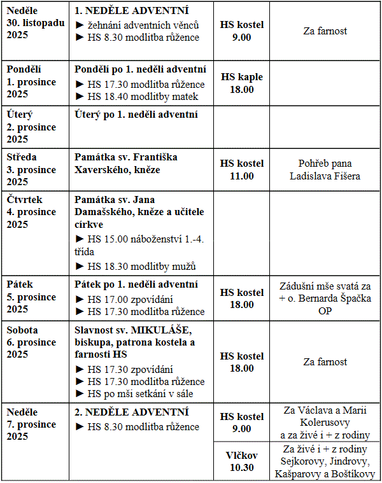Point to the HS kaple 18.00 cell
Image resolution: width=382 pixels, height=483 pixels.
coord(241,83)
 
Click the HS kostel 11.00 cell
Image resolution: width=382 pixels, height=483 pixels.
coord(241,169)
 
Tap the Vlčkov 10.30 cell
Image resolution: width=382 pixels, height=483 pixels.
coord(241,461)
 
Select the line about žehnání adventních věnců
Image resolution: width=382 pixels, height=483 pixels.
coord(138,25)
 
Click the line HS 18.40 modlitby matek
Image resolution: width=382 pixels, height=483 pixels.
coord(137,97)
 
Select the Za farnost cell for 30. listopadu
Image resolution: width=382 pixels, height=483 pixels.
coord(325,31)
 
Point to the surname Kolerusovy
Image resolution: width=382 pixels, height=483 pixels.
coord(325,423)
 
